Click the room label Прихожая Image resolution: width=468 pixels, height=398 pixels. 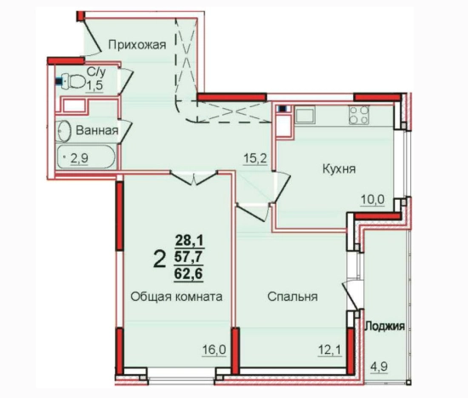pos(136,45)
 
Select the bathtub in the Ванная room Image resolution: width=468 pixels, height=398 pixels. pos(87,158)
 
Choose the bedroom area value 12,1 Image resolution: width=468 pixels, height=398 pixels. pos(327,350)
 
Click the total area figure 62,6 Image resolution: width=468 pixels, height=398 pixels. pos(191,275)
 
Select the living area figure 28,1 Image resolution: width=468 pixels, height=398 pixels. pos(191,242)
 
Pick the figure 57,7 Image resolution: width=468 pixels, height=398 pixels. pos(191,258)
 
